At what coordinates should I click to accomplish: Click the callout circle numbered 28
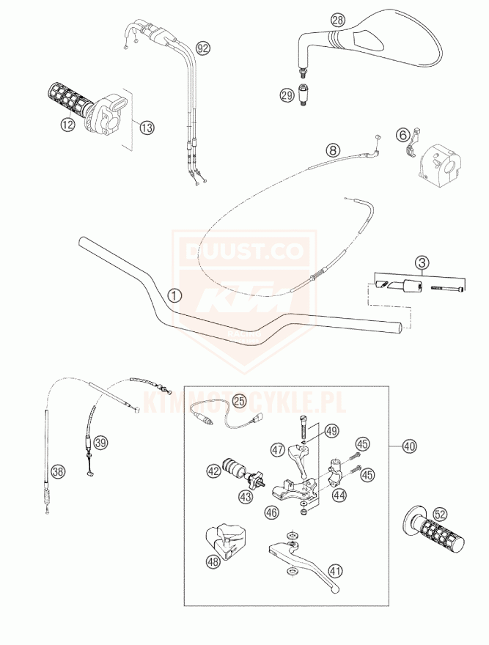[x=337, y=21]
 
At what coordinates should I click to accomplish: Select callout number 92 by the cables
[x=202, y=48]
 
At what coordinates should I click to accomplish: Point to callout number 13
[x=147, y=128]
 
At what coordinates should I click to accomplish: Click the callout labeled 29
[x=287, y=94]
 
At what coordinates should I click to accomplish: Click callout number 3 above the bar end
[x=421, y=262]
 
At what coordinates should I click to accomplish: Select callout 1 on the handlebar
[x=174, y=295]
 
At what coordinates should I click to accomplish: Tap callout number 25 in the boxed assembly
[x=240, y=401]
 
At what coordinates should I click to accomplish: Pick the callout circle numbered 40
[x=409, y=444]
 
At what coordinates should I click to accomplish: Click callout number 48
[x=213, y=562]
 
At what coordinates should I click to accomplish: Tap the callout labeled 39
[x=101, y=442]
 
